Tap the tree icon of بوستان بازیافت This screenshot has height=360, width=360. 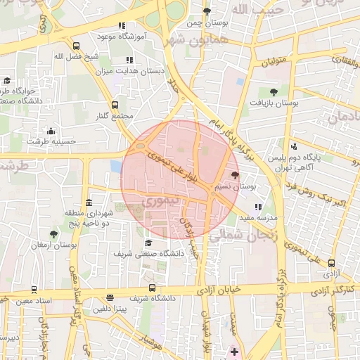pyautogui.click(x=273, y=91)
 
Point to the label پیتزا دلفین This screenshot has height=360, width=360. pyautogui.click(x=112, y=309)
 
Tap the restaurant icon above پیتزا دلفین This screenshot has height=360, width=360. pyautogui.click(x=110, y=297)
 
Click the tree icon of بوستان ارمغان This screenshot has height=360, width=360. pyautogui.click(x=54, y=233)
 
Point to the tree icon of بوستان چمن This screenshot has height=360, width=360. pyautogui.click(x=206, y=11)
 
